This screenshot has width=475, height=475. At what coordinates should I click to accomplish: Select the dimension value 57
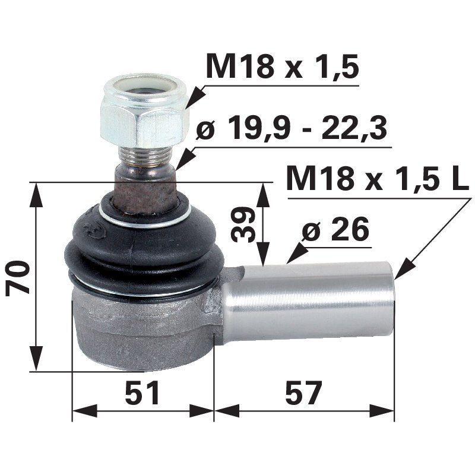(303, 393)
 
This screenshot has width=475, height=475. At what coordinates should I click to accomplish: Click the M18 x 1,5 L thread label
(377, 178)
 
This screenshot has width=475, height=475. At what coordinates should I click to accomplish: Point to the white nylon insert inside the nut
(145, 89)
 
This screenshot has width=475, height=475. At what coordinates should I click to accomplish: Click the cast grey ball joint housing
(142, 330)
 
